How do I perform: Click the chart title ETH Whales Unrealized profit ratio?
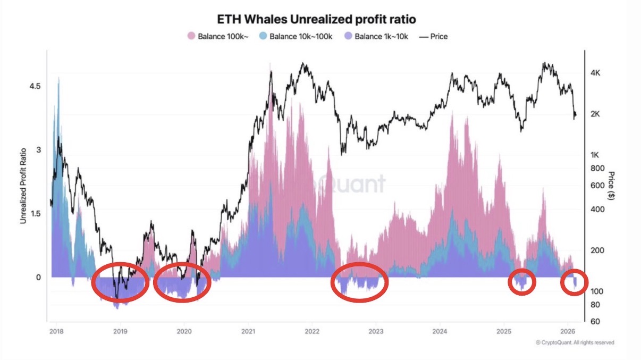(317, 19)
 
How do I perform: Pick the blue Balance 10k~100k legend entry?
(296, 37)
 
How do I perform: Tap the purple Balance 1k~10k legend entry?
(376, 37)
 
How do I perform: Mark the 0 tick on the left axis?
(38, 277)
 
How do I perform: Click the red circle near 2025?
(522, 282)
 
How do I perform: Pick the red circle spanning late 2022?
(359, 282)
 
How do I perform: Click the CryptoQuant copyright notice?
(575, 343)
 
